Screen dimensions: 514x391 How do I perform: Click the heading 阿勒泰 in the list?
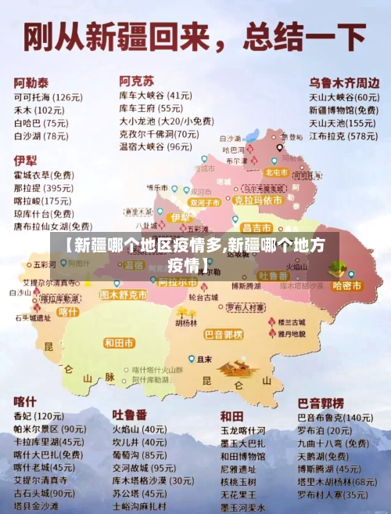[30, 81]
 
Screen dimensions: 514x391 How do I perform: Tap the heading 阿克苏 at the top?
[136, 81]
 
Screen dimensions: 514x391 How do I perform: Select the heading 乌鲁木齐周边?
[345, 81]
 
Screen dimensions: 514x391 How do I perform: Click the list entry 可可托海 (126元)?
[48, 97]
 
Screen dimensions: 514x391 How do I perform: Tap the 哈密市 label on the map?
[347, 286]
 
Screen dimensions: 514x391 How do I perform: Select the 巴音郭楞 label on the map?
[224, 335]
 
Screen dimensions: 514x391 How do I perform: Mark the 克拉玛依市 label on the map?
[258, 200]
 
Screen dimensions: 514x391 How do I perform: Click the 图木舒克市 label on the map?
[124, 295]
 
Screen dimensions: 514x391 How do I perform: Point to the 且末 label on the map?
[204, 360]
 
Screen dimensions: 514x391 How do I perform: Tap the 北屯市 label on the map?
[277, 172]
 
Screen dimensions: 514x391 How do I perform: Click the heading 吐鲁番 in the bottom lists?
[130, 414]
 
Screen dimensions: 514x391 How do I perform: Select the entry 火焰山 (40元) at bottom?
[138, 429]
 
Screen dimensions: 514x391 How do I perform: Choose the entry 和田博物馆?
[242, 456]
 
